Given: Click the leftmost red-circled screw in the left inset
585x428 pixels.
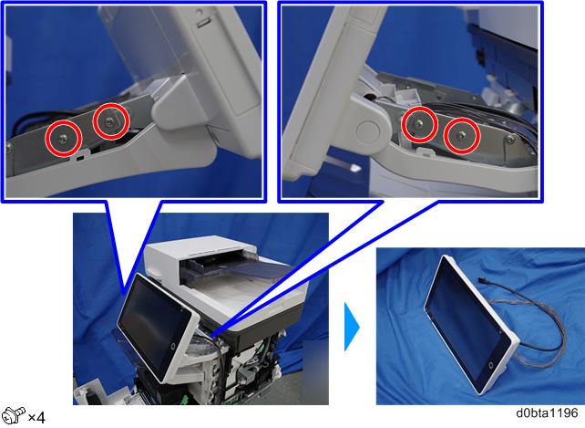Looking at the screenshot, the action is click(63, 139).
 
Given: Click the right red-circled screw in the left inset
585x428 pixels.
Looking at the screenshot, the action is click(110, 120).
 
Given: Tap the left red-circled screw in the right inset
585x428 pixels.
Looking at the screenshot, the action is click(419, 124).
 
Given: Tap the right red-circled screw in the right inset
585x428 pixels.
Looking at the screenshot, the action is click(462, 135).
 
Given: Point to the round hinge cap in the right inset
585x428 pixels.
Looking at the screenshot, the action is click(368, 130).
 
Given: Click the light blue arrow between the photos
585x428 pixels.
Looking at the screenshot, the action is click(351, 327).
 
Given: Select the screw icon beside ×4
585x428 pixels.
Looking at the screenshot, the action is click(13, 415).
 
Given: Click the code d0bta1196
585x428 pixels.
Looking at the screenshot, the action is click(547, 413).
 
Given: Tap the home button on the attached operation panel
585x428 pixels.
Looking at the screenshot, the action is click(173, 346).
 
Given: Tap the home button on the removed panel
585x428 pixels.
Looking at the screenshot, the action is click(490, 365).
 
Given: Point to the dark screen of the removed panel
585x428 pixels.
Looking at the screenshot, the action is click(467, 321).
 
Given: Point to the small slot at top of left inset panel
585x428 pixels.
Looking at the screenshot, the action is click(202, 23).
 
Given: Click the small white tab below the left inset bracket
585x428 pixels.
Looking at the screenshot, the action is click(79, 155).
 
